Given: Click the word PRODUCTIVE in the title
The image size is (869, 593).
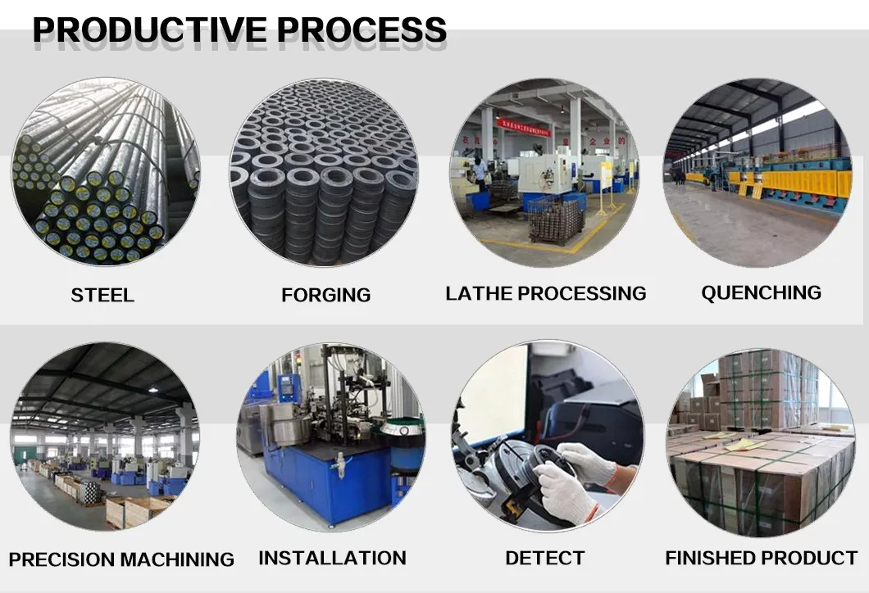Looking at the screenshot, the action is [150, 30].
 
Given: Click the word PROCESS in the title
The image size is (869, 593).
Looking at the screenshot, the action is [362, 30].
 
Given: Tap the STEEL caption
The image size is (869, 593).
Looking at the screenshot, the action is [102, 295].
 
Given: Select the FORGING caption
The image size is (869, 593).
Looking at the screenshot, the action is [326, 295].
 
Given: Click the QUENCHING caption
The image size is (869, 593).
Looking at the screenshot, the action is [761, 292].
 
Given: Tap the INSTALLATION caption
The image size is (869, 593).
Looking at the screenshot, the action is [333, 558].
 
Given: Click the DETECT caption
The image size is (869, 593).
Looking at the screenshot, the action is [545, 558].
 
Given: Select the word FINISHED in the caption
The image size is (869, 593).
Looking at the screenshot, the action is [707, 558].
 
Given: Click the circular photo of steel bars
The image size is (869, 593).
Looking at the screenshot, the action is [106, 172].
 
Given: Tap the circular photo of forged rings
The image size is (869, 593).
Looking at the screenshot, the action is [324, 173].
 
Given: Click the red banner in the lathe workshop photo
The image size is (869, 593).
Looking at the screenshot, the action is [524, 128].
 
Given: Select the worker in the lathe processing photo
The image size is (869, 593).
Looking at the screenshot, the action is [480, 172].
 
